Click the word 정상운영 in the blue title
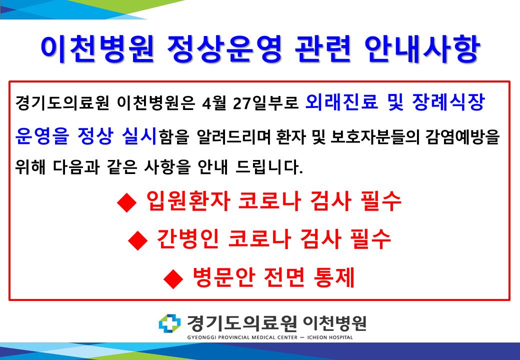[224, 48]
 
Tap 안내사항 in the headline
[422, 48]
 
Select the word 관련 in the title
[323, 48]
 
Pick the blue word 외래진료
[341, 102]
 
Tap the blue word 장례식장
[448, 102]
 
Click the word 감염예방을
[458, 136]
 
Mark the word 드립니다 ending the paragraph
[269, 166]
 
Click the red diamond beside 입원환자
[126, 202]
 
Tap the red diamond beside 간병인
[137, 240]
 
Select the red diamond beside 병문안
[173, 278]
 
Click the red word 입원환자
[188, 201]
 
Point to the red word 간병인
[187, 238]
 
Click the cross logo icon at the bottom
[169, 323]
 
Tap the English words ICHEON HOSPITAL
[330, 337]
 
